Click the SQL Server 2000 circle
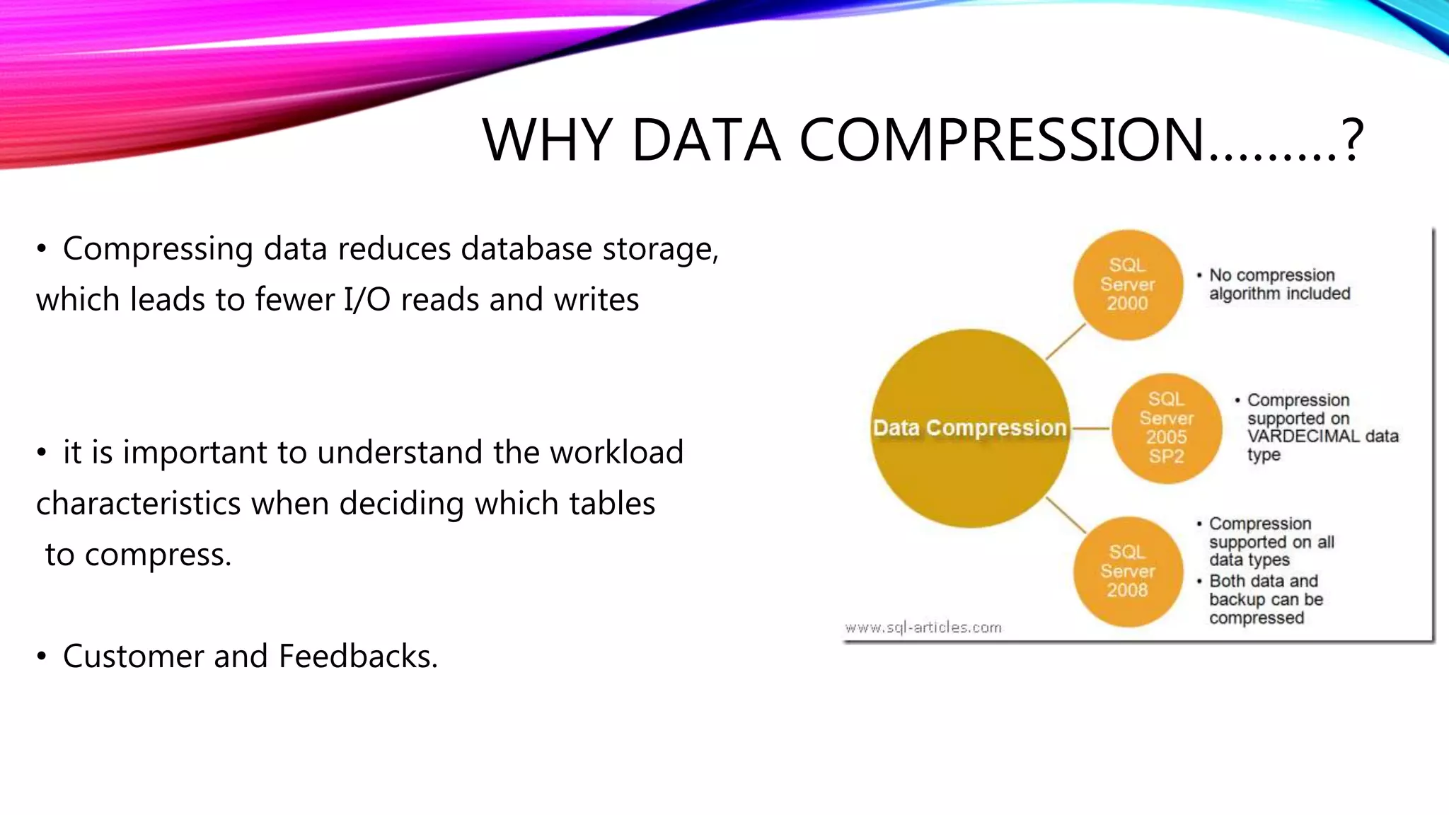1128,284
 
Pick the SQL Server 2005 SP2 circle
1166,428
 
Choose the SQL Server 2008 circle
1128,571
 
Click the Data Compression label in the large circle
969,428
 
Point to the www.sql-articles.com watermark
923,628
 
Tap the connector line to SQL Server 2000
1066,342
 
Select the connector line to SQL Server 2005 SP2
1091,428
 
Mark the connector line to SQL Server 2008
1066,514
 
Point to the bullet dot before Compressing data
42,249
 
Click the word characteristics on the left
139,504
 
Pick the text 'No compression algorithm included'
1279,284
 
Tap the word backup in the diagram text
1238,600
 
